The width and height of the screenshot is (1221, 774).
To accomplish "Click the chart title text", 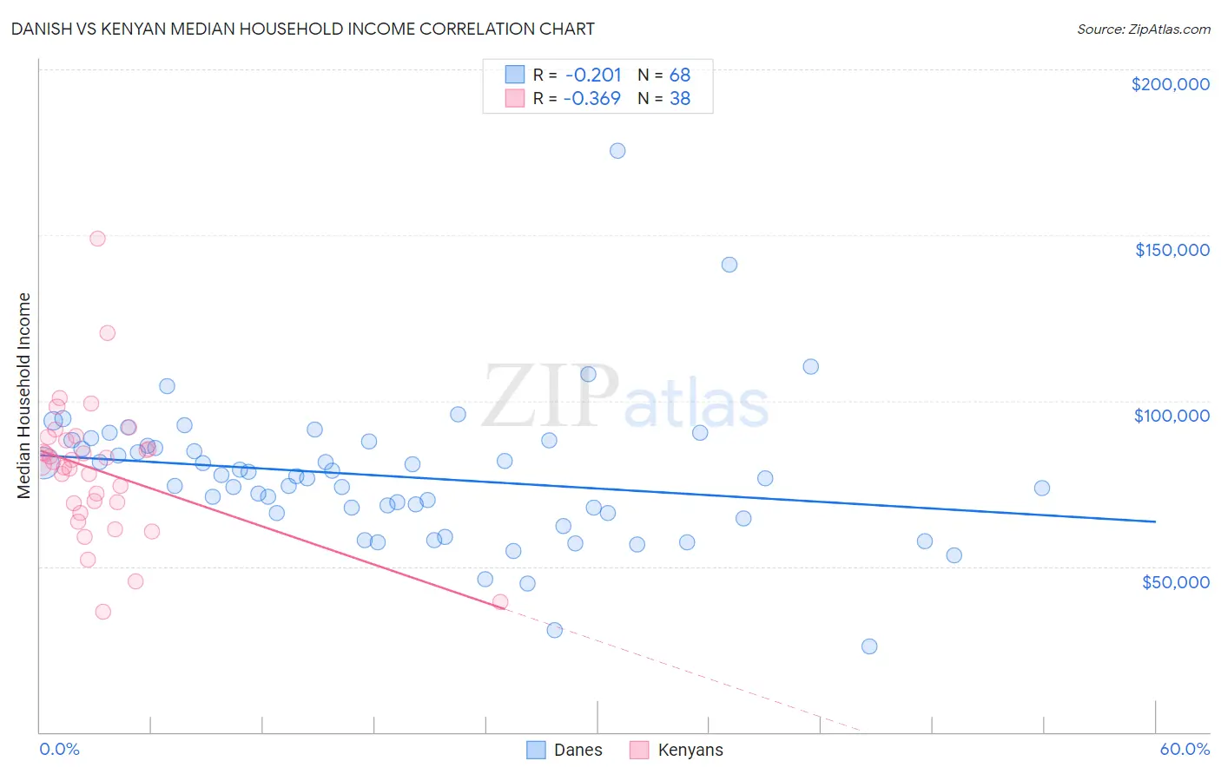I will [302, 29].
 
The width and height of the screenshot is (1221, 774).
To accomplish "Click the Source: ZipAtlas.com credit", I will [1143, 29].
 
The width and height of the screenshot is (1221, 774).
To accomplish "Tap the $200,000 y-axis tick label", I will [1170, 84].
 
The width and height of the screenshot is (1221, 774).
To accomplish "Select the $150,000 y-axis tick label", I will [1171, 250].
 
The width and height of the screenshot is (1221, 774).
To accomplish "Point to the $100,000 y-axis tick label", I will [1171, 416].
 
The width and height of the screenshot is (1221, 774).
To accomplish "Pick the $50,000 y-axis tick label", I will [1175, 581].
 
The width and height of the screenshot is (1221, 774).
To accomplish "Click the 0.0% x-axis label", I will [59, 749].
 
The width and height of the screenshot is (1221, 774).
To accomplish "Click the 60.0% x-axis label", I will [1184, 749].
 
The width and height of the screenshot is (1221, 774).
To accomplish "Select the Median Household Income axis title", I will [24, 396].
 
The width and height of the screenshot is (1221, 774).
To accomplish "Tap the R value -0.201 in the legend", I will [592, 75].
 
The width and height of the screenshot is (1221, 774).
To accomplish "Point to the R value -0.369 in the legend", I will [591, 98].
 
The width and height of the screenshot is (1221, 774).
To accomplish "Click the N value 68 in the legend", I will [679, 75].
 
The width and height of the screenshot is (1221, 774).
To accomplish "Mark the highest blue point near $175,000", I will [617, 151].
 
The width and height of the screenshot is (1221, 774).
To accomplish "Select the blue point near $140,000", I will [729, 265].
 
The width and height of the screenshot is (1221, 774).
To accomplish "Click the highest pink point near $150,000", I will [97, 239].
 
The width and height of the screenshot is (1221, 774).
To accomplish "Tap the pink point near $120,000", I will [108, 332].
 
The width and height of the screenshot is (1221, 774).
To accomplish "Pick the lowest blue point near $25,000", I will [869, 646].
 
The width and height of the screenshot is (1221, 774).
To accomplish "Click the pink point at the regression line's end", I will [500, 602].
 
